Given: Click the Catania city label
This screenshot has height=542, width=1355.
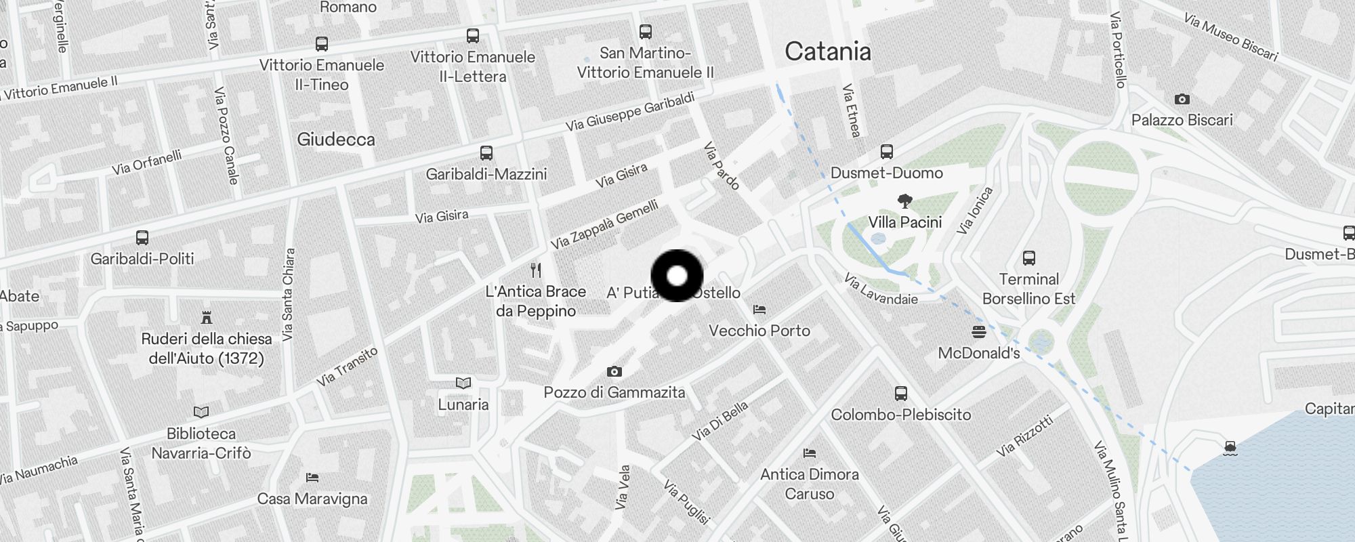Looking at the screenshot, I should (x=827, y=51).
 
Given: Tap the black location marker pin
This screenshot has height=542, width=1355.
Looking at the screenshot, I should (x=677, y=276).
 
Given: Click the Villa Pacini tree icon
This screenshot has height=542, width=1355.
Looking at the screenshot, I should (x=904, y=201).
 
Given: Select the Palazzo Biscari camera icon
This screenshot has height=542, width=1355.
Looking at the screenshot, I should (x=1182, y=99).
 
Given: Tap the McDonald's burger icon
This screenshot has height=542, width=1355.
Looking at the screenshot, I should (x=978, y=331).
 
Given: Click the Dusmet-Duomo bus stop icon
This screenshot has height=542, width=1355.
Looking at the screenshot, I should (x=886, y=152).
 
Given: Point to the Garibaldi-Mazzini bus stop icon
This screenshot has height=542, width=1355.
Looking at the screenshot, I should (x=486, y=153).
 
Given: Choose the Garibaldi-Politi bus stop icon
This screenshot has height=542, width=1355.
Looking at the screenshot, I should (x=142, y=238).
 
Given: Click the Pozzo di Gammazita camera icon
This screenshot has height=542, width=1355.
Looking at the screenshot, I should (x=614, y=371).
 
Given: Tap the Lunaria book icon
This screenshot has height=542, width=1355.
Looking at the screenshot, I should (x=463, y=383).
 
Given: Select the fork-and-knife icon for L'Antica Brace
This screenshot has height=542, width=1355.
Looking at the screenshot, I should (x=536, y=270).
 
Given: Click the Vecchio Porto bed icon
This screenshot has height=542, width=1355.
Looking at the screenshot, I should (x=759, y=310).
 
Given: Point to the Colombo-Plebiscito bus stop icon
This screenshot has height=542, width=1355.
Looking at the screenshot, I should (x=900, y=394).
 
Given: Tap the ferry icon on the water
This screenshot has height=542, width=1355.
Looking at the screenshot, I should (x=1230, y=448).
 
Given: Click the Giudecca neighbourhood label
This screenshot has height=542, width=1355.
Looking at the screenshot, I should (x=335, y=140).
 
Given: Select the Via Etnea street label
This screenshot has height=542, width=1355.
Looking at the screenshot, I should (x=850, y=110).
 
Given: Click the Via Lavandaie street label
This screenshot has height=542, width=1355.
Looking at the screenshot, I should (x=881, y=289).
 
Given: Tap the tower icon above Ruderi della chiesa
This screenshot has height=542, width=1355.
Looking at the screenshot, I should (x=207, y=317).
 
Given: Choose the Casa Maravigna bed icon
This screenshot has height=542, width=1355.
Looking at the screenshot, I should (x=312, y=478).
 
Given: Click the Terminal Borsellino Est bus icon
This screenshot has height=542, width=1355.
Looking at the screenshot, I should (x=1028, y=258).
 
